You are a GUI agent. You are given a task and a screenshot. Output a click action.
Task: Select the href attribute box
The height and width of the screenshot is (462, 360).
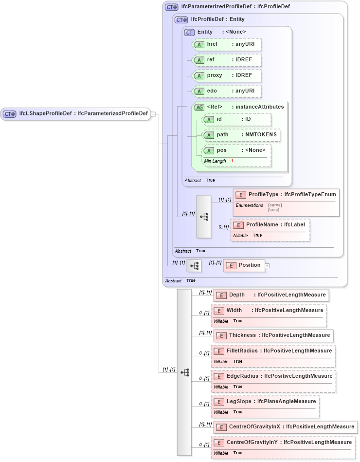coord(227,44)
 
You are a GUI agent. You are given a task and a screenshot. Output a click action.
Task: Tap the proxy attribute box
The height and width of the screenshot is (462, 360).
coord(227,75)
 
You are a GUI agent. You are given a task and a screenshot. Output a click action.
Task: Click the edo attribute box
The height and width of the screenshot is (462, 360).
coord(227,91)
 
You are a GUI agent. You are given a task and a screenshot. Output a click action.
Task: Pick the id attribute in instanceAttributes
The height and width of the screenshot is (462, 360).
coord(236,119)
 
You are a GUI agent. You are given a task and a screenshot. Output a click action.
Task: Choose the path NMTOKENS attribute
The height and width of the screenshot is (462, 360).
coord(241,135)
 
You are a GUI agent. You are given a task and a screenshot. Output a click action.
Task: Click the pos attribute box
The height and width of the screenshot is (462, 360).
coord(236,150)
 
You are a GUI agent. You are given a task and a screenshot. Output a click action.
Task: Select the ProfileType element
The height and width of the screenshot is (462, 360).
coord(286,195)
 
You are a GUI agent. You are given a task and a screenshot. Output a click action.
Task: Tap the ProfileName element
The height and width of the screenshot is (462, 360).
coord(270,225)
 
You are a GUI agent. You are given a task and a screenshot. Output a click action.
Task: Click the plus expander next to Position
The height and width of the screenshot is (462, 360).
coord(267,266)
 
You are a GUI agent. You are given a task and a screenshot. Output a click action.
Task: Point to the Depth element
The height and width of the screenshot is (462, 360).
coord(271,295)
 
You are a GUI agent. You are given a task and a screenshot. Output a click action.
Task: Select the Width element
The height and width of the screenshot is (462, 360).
coord(269,311)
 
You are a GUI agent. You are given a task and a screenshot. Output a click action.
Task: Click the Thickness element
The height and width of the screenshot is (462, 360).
coord(273,335)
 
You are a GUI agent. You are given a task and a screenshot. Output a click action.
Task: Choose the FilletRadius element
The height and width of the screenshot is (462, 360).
coord(273,351)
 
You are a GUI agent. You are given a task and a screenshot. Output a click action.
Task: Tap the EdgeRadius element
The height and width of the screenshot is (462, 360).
coord(273,376)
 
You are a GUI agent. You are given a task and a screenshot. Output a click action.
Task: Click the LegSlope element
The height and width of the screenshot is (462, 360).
coord(266,402)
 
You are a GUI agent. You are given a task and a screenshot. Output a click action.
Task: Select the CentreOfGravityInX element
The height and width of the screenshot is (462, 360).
coord(286,427)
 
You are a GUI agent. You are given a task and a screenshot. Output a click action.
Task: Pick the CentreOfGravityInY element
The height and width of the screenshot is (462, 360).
coord(283,443)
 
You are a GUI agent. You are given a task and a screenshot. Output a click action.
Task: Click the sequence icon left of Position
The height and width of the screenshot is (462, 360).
coord(194,266)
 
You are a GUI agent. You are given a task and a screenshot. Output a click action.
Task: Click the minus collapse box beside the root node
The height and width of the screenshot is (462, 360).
coord(153,114)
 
